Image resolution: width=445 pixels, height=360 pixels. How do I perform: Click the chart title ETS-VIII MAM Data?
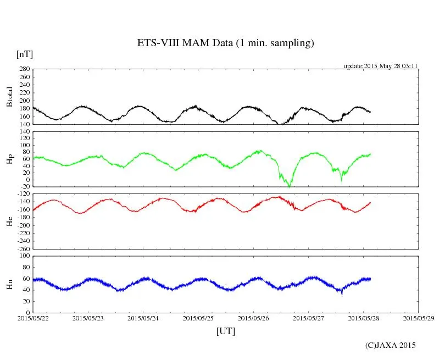coord(225,43)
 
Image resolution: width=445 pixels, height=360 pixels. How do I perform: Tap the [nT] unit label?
coord(25,54)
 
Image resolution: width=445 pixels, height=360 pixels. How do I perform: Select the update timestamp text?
coord(381,66)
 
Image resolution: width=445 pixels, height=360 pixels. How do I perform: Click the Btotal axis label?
coord(9,96)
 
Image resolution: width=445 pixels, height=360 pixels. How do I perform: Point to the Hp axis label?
coord(9,159)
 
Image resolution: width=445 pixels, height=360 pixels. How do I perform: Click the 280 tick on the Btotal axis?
coord(24,69)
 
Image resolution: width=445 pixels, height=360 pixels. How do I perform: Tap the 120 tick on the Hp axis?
coord(24,131)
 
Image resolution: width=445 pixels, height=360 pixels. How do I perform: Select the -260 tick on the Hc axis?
coord(21,248)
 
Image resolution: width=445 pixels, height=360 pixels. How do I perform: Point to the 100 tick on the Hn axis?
coord(24,256)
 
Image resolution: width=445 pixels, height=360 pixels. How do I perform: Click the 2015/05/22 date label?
coord(33,318)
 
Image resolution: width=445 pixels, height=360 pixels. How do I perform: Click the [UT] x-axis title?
coord(225,331)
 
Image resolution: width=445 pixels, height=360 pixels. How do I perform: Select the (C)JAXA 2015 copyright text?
coord(391,345)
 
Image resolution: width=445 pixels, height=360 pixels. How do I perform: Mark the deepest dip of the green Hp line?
coord(290,186)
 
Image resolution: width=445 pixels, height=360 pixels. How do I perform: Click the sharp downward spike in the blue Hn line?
coord(342,294)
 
